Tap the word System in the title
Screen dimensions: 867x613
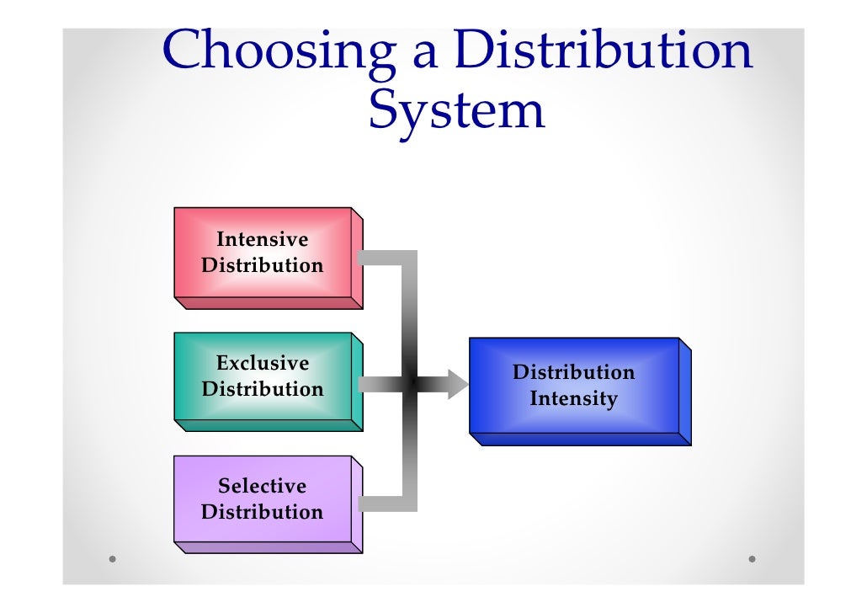tap(456, 110)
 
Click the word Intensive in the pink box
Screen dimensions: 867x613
tap(263, 239)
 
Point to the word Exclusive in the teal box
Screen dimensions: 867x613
tap(263, 363)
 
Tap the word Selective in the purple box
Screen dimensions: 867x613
tap(263, 486)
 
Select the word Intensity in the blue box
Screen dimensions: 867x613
tap(573, 398)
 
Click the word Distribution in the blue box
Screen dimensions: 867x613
tap(573, 372)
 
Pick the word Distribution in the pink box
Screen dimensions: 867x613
tap(263, 265)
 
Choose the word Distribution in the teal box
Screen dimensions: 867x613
tap(263, 389)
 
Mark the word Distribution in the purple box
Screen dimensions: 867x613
tap(263, 512)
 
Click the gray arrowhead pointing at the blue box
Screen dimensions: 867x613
tap(456, 384)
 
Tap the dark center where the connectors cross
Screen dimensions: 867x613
tap(411, 384)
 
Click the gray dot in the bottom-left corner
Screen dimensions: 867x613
tap(112, 558)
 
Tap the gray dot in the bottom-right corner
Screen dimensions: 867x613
tap(752, 558)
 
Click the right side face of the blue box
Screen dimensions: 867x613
tap(685, 392)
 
